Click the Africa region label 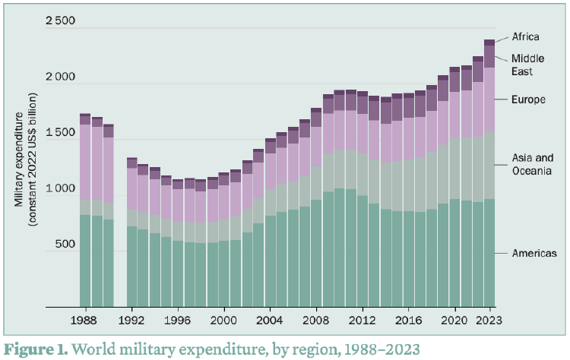525,36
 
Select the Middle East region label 527,65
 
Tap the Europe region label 528,99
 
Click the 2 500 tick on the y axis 60,21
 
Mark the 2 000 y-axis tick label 60,77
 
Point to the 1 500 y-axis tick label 60,133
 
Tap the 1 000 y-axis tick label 60,189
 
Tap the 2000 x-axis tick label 223,321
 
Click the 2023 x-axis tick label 489,321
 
